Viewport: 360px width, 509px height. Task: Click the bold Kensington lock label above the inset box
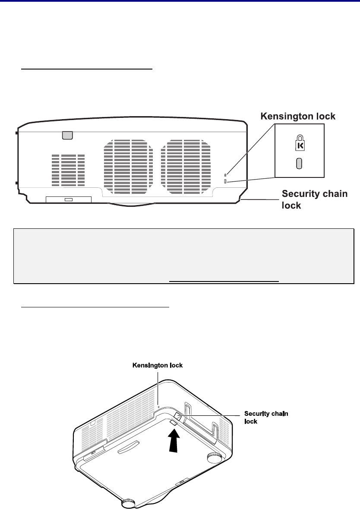click(298, 116)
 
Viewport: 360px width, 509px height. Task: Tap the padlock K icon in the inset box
click(300, 143)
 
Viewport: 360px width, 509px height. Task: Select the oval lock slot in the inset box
click(299, 163)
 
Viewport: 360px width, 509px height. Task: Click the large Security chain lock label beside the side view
click(314, 199)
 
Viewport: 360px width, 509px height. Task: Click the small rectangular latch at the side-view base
click(69, 199)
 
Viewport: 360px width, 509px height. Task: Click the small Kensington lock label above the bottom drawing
click(158, 365)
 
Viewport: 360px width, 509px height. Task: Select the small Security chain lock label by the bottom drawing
click(266, 417)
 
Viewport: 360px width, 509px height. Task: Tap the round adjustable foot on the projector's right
click(214, 457)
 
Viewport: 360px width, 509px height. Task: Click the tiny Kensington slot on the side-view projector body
click(225, 175)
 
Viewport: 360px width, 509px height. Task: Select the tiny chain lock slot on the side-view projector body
click(225, 181)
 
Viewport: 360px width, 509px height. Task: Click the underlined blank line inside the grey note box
click(224, 281)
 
